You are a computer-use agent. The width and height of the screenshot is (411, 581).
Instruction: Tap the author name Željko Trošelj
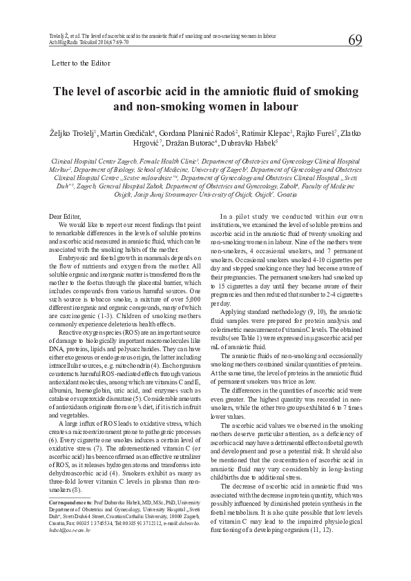[71, 132]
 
